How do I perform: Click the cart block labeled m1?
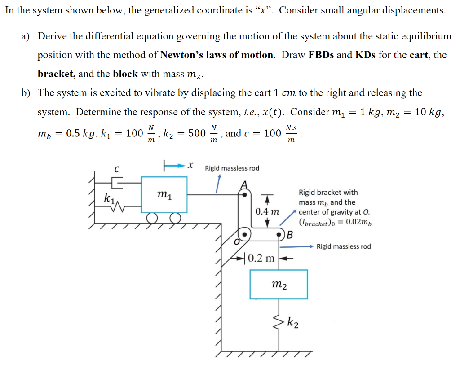164,194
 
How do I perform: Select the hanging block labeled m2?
279,284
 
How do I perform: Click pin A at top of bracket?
244,195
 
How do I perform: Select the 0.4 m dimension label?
267,211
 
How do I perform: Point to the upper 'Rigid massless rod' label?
232,168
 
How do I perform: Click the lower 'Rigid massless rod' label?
344,246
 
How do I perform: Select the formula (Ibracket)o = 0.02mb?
335,222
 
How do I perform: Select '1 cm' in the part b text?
284,93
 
